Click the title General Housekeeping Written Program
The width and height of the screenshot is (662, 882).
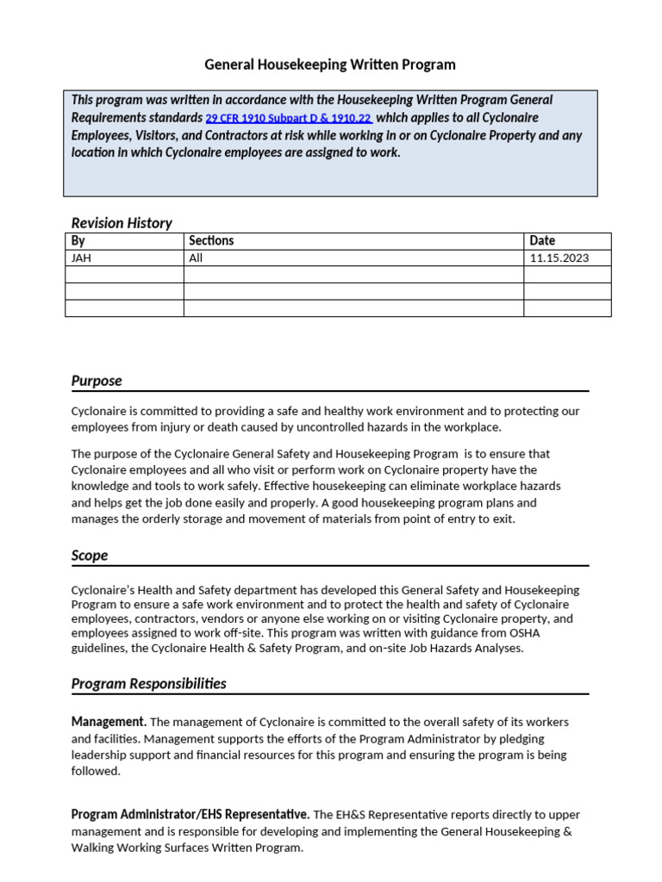[x=330, y=65]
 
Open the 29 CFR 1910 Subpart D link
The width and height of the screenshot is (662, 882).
[x=288, y=119]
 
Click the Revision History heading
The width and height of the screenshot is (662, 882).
[x=122, y=223]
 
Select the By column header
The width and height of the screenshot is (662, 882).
[x=78, y=241]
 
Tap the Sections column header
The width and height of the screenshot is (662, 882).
[x=211, y=241]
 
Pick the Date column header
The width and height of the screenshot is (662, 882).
[x=542, y=241]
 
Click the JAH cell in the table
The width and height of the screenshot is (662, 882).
[x=81, y=258]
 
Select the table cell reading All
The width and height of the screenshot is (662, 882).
[x=196, y=258]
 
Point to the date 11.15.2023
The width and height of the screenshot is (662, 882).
[x=559, y=258]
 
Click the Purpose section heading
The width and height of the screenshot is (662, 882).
[x=97, y=381]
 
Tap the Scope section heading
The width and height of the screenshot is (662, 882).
[x=90, y=556]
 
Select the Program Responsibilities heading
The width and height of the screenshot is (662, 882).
[x=149, y=684]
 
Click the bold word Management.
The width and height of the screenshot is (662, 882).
[x=109, y=722]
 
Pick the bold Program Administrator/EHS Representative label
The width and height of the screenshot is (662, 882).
[x=190, y=814]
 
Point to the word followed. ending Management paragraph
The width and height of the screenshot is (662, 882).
[x=96, y=771]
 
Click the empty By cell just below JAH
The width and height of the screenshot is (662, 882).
[x=124, y=275]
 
